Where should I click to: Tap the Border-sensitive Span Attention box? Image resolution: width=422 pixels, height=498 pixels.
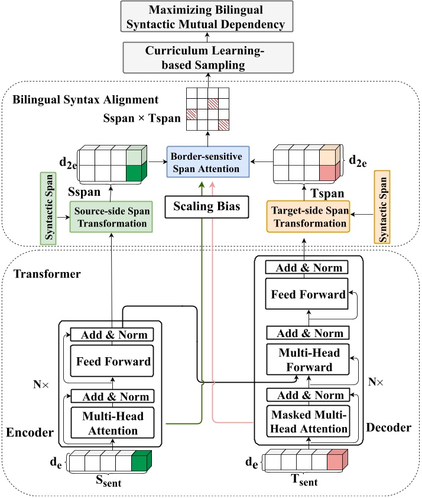pyautogui.click(x=208, y=160)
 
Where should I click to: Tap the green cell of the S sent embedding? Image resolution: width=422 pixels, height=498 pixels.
pyautogui.click(x=141, y=462)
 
